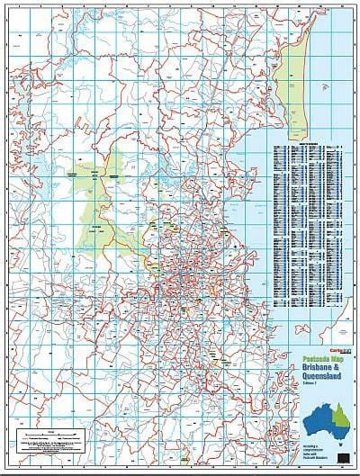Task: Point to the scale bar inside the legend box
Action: [46, 436]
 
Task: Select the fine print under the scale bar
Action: [46, 449]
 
